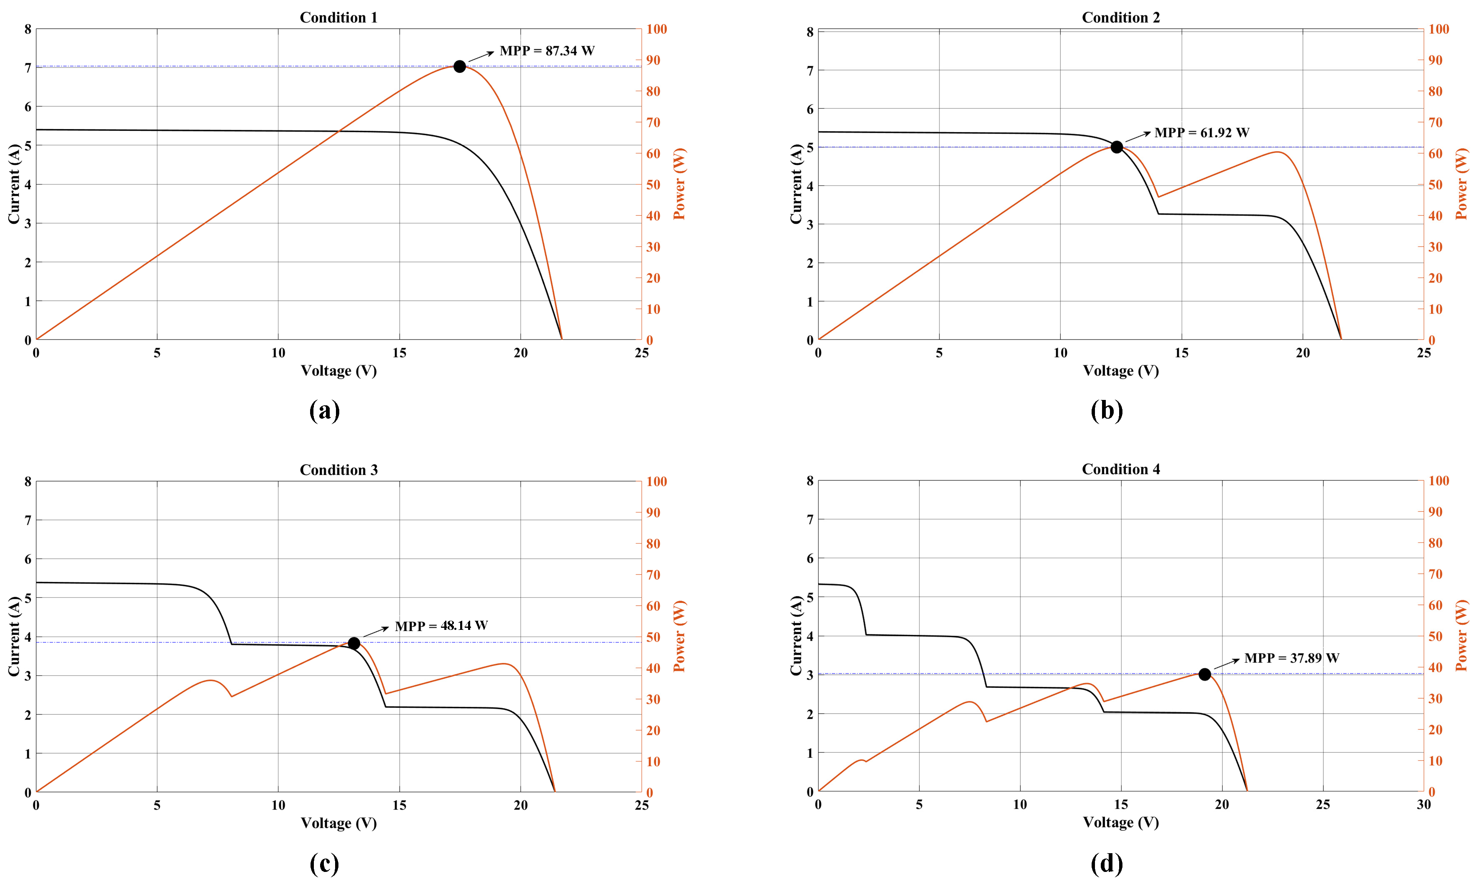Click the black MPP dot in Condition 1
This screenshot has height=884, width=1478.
click(x=459, y=66)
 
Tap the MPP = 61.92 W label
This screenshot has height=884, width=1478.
click(x=1202, y=132)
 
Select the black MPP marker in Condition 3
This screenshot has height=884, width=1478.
click(x=354, y=643)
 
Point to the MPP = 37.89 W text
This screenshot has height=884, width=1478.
click(x=1291, y=658)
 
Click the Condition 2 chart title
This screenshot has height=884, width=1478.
click(x=1120, y=17)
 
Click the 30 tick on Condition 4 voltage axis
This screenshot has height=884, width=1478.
click(x=1423, y=805)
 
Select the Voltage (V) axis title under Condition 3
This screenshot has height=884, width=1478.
click(x=338, y=823)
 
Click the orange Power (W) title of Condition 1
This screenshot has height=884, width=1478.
click(x=679, y=184)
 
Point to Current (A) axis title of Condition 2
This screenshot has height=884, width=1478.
click(x=796, y=184)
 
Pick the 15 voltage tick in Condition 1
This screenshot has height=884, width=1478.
click(x=399, y=353)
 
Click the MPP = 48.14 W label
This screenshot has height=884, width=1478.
click(x=441, y=625)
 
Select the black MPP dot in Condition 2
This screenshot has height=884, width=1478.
click(x=1117, y=147)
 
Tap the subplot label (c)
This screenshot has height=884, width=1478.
click(x=325, y=863)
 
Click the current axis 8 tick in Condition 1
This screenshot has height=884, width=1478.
click(x=28, y=29)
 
